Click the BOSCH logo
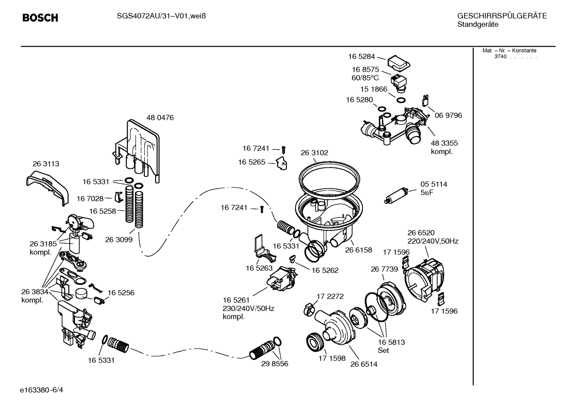40,18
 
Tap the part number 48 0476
160,118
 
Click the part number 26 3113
46,164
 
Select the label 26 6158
358,250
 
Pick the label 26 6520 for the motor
421,233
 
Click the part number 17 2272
330,296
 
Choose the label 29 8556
274,364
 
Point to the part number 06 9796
448,116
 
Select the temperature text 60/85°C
365,78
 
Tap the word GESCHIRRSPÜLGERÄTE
502,16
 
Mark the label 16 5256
120,293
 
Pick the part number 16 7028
90,198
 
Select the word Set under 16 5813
383,351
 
